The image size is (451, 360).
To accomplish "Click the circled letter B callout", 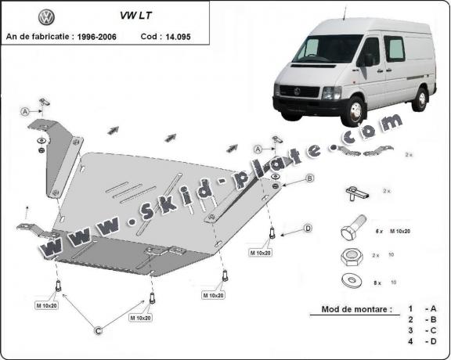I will (310, 178).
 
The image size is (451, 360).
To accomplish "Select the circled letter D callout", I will (308, 229).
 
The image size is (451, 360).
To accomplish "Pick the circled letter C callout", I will (99, 332).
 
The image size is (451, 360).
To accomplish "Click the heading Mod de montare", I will (355, 309).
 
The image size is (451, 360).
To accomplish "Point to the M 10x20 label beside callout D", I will (261, 252).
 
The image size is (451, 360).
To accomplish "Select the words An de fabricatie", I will (36, 36).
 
